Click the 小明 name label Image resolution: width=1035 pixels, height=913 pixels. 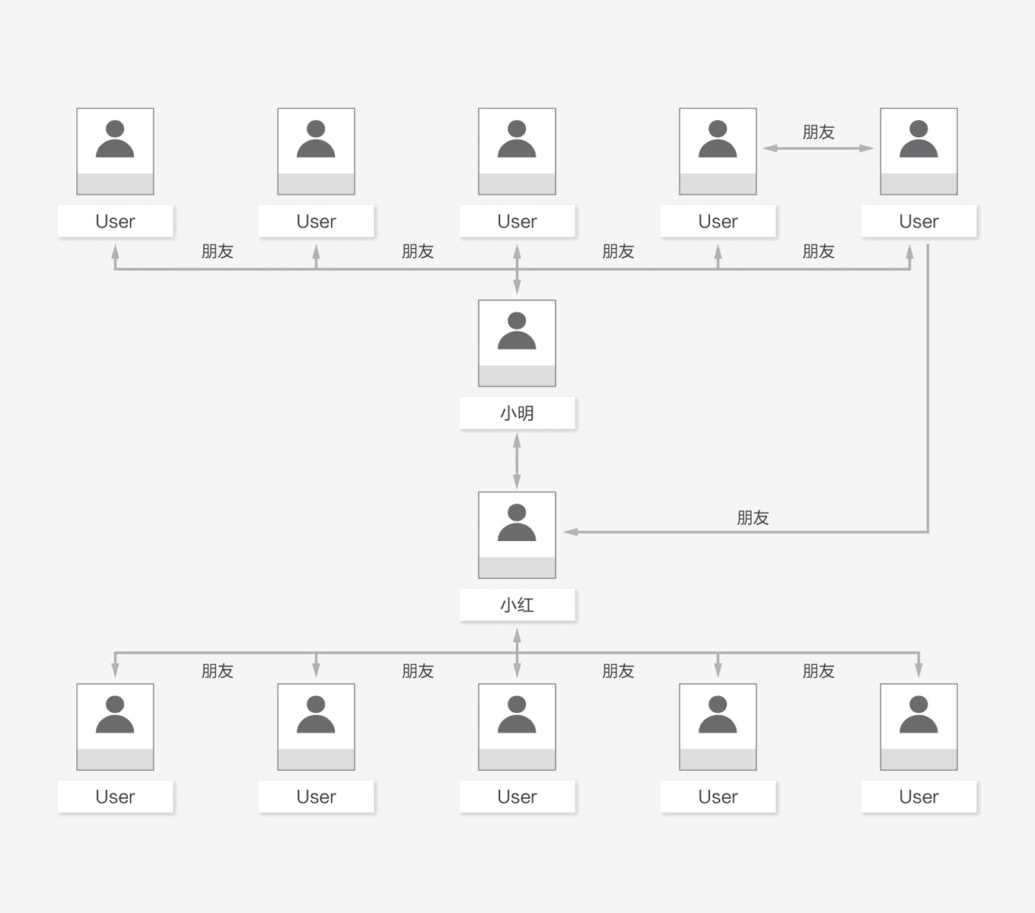[x=517, y=413]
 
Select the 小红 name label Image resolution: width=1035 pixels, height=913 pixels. [x=517, y=605]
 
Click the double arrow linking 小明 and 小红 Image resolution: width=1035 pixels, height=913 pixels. [x=517, y=461]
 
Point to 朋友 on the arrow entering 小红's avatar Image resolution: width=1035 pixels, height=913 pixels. [x=753, y=518]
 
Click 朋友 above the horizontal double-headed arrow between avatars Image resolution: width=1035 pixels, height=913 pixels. [x=818, y=132]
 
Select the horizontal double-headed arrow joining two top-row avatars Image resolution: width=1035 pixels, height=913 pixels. [x=818, y=148]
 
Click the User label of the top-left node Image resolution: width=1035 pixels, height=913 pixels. [x=115, y=221]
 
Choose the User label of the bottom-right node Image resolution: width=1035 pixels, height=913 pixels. [x=919, y=797]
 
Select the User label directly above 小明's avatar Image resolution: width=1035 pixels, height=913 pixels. [x=517, y=221]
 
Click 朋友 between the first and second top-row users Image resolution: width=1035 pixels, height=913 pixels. [x=217, y=252]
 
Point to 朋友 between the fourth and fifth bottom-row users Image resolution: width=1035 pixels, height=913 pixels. [x=818, y=671]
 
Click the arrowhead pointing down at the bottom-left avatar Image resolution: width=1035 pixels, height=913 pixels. [x=115, y=670]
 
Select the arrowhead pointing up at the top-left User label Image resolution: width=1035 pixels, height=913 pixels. [x=115, y=252]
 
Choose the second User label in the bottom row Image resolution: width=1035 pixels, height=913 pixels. [x=316, y=797]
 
